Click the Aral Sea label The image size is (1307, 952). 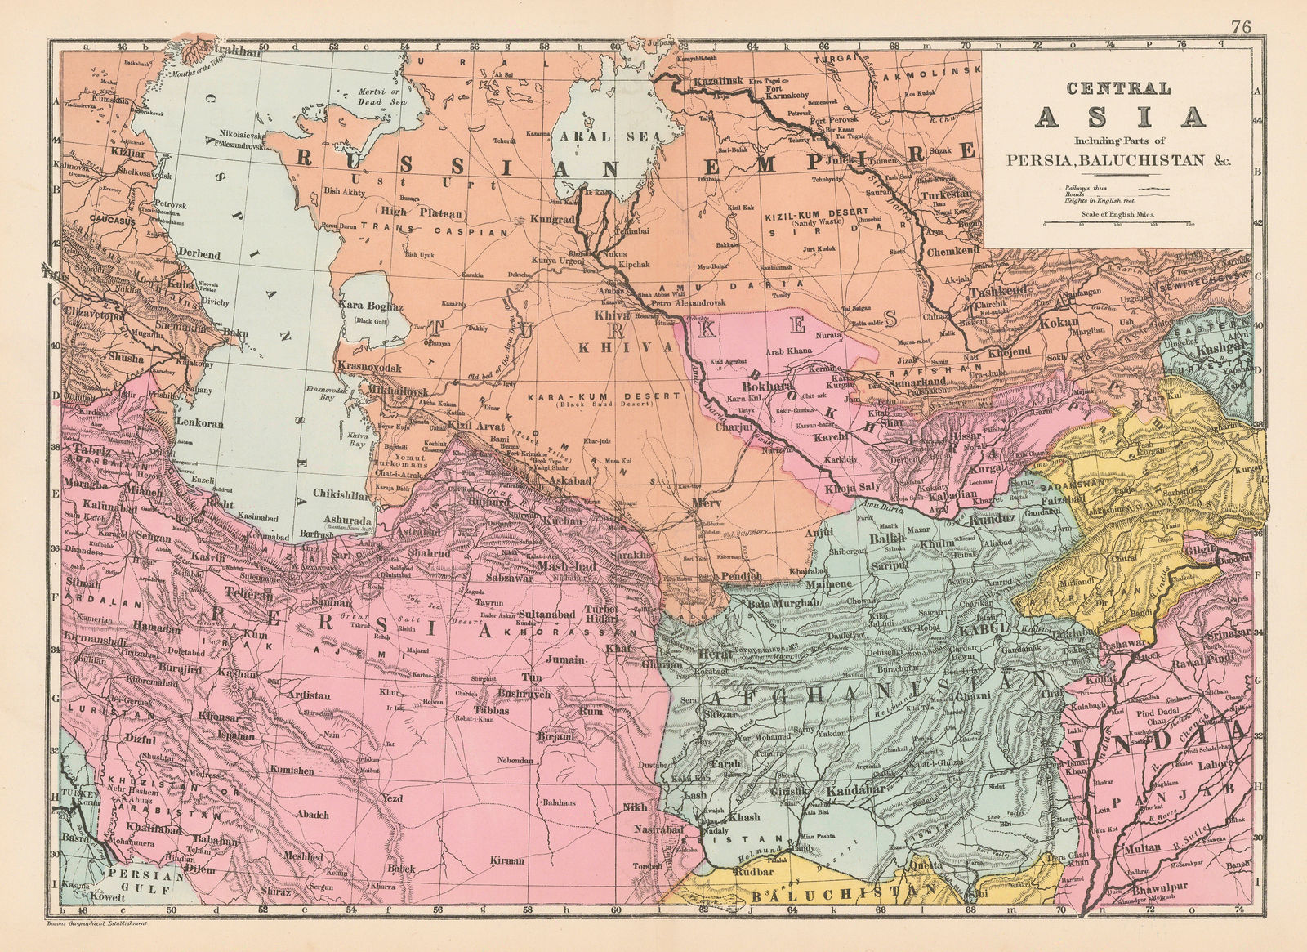(596, 136)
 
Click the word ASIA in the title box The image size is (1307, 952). (1121, 118)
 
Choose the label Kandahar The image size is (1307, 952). (857, 791)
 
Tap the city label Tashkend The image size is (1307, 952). (995, 292)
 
